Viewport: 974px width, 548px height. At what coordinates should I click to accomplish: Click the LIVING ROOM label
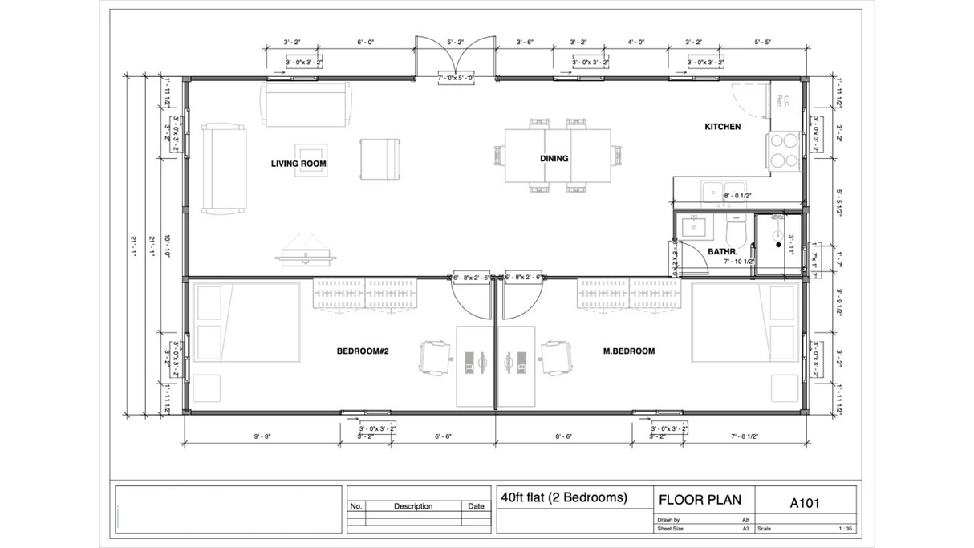tap(298, 164)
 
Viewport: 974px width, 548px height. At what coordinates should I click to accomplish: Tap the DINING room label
tap(554, 159)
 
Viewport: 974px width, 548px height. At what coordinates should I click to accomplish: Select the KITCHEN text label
tap(722, 127)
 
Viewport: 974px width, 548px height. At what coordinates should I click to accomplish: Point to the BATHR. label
tap(723, 252)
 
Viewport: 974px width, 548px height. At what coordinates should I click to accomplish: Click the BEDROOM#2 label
tap(362, 351)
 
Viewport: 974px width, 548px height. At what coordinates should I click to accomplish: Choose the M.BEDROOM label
tap(629, 351)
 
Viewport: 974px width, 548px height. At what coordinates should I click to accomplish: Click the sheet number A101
tap(805, 503)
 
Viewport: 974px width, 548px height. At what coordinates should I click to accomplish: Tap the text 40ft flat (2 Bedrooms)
tap(563, 497)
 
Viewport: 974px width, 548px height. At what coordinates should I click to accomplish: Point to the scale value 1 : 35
tap(846, 529)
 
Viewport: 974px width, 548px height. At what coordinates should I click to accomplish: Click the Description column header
tap(413, 506)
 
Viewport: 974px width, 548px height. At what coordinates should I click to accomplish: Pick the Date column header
tap(476, 506)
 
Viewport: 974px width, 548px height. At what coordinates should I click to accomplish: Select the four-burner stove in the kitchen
tap(784, 150)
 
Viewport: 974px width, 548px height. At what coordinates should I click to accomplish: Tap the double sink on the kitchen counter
tap(719, 191)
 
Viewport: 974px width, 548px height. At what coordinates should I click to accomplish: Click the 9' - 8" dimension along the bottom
tap(262, 436)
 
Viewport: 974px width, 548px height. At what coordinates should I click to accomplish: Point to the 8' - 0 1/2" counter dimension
tap(739, 196)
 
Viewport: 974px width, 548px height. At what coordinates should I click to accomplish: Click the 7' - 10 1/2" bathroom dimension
tap(739, 262)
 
